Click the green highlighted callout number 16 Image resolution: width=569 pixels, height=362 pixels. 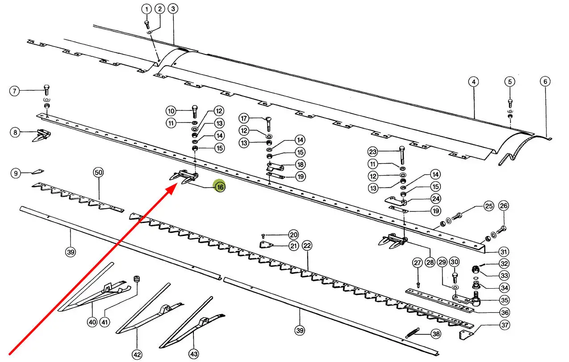220,187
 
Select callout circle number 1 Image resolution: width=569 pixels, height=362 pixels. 146,9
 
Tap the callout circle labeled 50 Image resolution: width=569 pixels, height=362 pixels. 98,173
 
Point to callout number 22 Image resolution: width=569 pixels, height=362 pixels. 307,245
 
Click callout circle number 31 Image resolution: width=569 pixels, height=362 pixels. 504,252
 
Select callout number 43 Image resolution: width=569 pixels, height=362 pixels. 193,354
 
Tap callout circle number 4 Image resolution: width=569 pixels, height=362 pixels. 473,82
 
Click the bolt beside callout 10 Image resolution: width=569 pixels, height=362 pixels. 194,110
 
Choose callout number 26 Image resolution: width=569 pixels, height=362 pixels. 503,206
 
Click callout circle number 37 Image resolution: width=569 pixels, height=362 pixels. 504,325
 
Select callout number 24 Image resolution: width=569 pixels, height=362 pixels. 435,198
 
